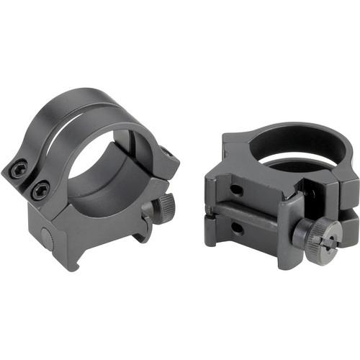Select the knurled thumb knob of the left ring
point(164,207)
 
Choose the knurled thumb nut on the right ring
point(318,233)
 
